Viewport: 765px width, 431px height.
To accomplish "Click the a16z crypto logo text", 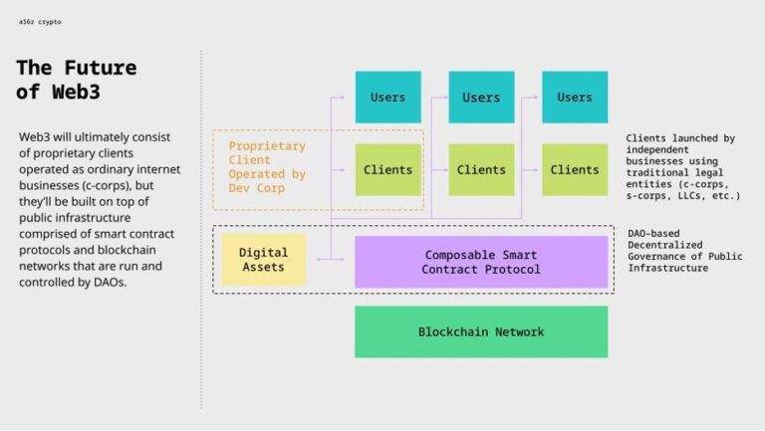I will click(x=40, y=21).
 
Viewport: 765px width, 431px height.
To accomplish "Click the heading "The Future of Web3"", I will click(x=76, y=80).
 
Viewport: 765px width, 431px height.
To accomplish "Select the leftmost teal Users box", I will click(x=387, y=97).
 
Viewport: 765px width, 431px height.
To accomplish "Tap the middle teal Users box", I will click(x=481, y=97).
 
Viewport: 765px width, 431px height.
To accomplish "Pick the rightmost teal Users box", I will click(x=575, y=97).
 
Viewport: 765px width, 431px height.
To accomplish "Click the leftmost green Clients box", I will click(x=387, y=169).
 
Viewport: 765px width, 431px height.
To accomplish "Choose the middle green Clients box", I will click(x=481, y=169).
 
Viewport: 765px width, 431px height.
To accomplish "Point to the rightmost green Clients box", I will click(x=575, y=169).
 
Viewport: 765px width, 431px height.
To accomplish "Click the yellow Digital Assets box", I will click(x=263, y=260).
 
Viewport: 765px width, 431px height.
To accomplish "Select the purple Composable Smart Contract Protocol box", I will click(x=481, y=262).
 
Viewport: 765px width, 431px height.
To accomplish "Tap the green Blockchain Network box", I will click(x=481, y=331).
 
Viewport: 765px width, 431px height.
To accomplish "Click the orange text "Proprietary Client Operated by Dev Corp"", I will click(x=267, y=166).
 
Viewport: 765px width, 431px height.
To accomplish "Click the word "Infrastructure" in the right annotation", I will click(x=670, y=268).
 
